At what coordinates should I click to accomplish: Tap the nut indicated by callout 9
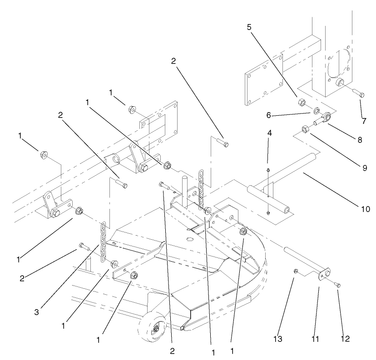(x=305, y=130)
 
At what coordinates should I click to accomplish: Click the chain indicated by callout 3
(x=103, y=241)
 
